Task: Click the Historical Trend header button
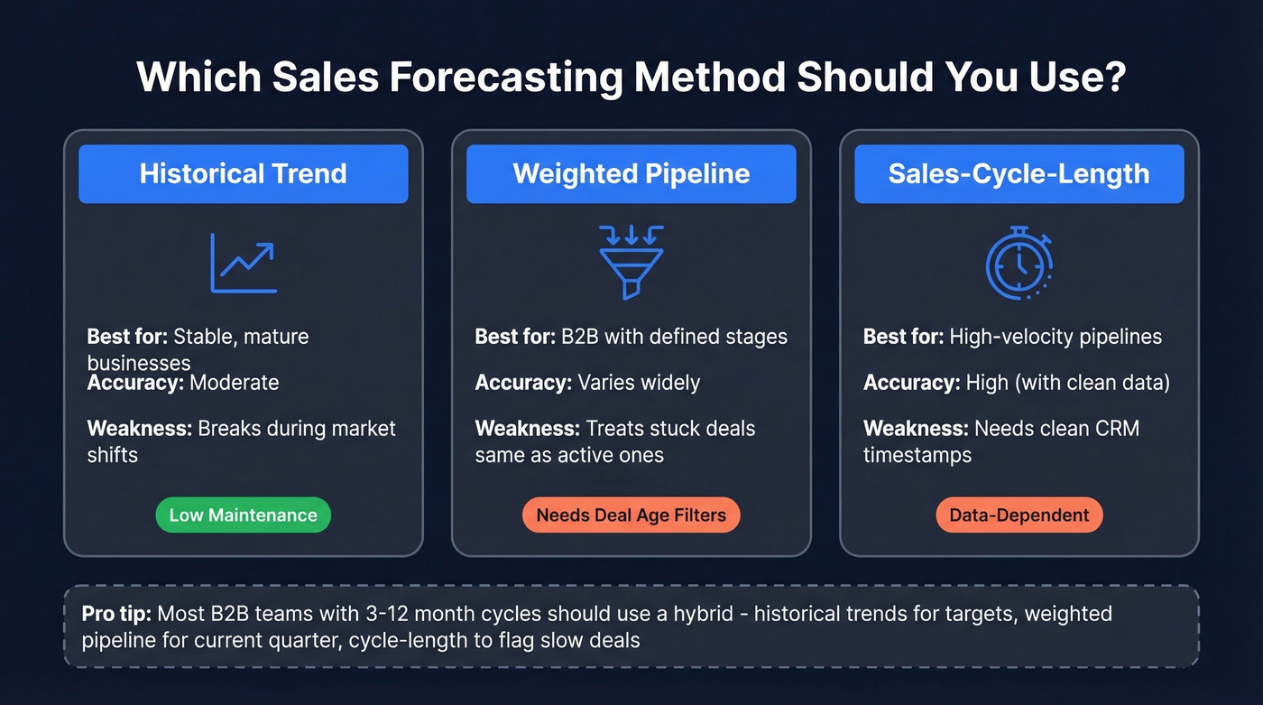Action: click(x=243, y=173)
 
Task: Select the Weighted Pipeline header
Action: click(x=631, y=173)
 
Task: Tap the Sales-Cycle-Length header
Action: click(x=1019, y=173)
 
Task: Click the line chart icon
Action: click(x=243, y=263)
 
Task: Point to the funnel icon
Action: click(x=631, y=262)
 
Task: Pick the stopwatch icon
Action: click(x=1019, y=263)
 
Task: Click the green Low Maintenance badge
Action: click(x=243, y=515)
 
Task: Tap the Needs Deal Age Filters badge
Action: click(x=631, y=515)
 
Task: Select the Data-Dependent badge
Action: click(x=1019, y=515)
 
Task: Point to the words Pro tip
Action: click(x=115, y=614)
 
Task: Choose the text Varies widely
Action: click(x=639, y=382)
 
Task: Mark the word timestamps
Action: click(x=917, y=454)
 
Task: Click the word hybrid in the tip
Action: click(x=713, y=614)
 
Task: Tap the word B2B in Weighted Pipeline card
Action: click(x=576, y=337)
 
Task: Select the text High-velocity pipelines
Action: click(x=1056, y=337)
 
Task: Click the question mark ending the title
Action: click(x=1113, y=78)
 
